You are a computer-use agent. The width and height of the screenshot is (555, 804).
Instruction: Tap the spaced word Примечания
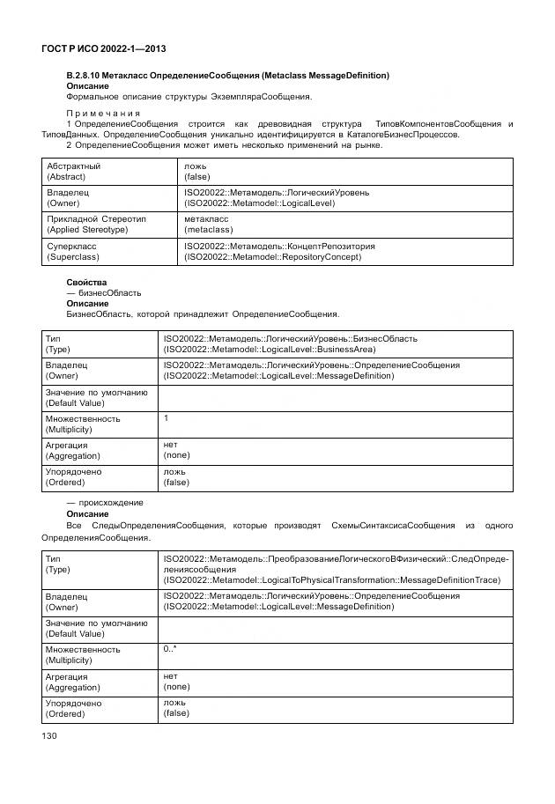tap(103, 113)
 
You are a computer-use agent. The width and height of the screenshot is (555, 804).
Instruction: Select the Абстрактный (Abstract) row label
tap(74, 171)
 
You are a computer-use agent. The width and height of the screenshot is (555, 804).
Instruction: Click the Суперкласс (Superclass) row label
tap(72, 252)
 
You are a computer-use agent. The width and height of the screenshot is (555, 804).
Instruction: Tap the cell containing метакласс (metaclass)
tap(209, 225)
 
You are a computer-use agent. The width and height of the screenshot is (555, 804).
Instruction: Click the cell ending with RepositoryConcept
tap(279, 252)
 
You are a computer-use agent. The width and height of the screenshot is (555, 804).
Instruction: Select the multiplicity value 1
tap(166, 418)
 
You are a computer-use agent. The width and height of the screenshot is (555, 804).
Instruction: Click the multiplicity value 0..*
tap(170, 649)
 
